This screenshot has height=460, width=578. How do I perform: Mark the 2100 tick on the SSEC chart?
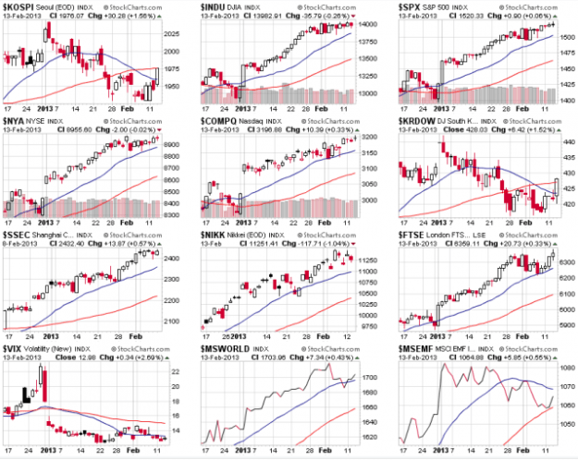(x=174, y=321)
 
